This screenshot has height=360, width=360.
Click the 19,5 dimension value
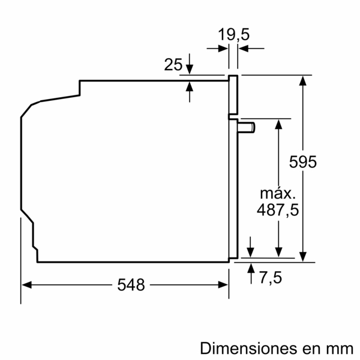pyautogui.click(x=233, y=35)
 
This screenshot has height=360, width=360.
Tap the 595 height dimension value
pyautogui.click(x=302, y=162)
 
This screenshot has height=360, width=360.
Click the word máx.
pyautogui.click(x=278, y=193)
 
